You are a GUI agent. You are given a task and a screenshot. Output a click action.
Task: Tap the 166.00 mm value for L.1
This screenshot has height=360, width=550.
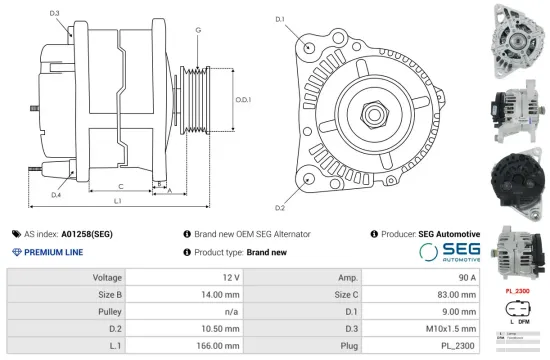coord(222,346)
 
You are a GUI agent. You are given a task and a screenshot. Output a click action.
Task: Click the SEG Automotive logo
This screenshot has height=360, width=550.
coord(449,251)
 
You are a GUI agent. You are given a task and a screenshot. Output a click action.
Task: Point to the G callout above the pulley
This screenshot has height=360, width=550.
coord(199,31)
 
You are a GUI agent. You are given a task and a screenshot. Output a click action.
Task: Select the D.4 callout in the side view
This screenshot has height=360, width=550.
coord(55,194)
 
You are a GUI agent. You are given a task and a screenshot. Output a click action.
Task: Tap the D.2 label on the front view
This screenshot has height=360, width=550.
coord(280,207)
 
